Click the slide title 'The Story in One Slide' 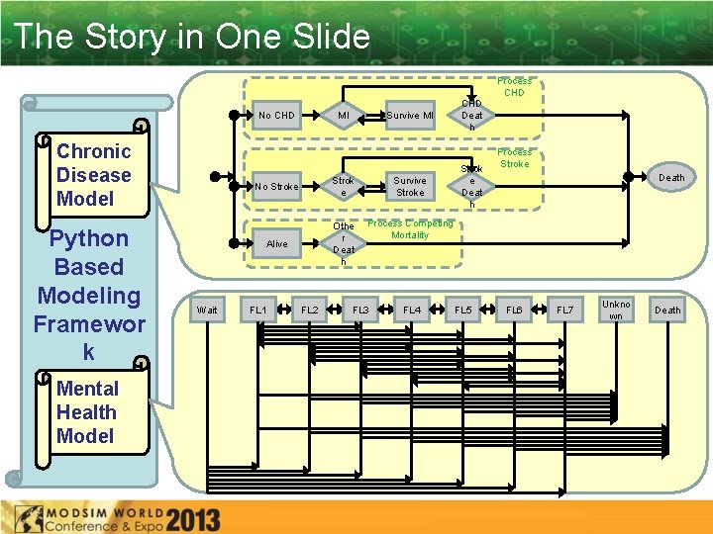pos(193,38)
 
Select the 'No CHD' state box pos(276,116)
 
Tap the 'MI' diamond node pos(344,116)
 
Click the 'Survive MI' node pos(409,116)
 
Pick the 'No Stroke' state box pos(276,186)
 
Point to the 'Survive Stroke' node pos(409,186)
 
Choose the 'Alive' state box pos(276,243)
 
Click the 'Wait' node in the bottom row pos(207,311)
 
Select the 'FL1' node pos(257,311)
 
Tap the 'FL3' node pos(360,311)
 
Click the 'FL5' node pos(462,311)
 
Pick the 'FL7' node pos(564,311)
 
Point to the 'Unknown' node pos(616,311)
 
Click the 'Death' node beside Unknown pos(667,311)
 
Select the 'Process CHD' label pos(514,87)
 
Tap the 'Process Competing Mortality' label pos(410,229)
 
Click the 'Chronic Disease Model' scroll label pos(93,175)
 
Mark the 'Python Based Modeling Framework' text pos(89,295)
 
